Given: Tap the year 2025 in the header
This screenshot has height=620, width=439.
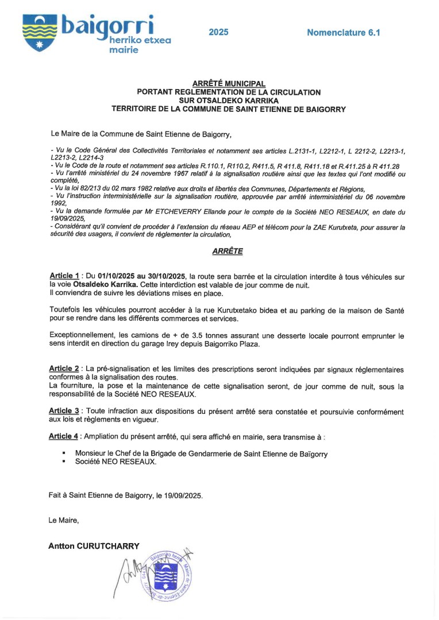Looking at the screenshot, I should (218, 32).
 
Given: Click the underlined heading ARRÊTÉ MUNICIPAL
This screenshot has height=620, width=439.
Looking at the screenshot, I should (229, 84).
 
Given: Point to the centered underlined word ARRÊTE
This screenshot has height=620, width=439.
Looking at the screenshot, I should (228, 251).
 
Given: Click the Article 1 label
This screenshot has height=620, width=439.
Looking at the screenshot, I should (64, 276).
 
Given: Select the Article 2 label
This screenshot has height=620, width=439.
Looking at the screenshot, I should (64, 369).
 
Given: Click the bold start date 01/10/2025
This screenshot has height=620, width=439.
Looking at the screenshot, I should (117, 276).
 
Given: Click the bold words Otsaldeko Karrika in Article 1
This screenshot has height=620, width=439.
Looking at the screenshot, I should (106, 284).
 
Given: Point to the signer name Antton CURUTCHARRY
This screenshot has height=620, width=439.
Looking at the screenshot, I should (94, 546).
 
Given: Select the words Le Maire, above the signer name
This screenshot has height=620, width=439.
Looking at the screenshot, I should (64, 520).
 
